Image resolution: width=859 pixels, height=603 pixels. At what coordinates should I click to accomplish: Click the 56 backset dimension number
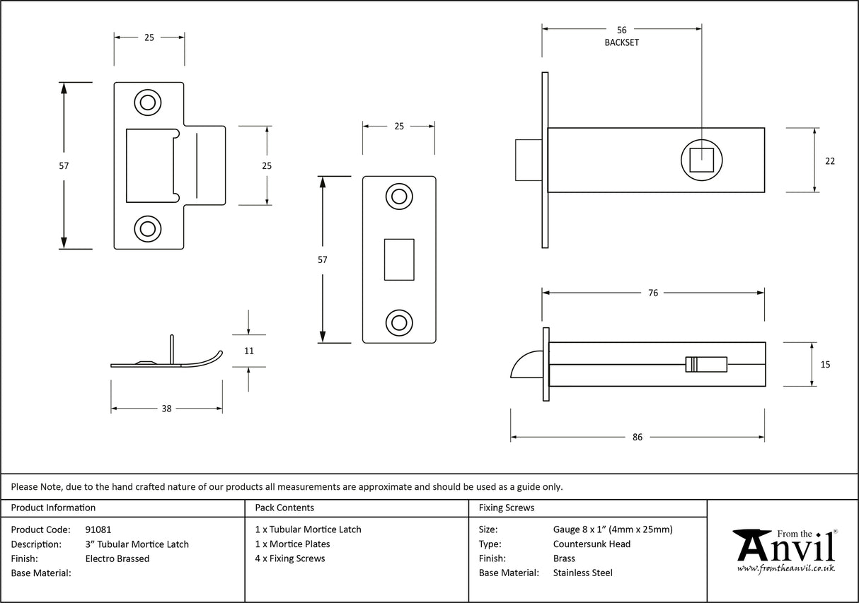[x=621, y=30]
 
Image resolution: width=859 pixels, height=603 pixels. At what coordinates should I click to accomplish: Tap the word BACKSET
[x=621, y=42]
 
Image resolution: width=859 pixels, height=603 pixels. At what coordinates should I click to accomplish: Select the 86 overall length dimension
[x=637, y=438]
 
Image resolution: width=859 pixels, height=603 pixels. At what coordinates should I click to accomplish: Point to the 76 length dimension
[x=652, y=293]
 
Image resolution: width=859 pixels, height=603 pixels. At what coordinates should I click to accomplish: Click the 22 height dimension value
[x=829, y=161]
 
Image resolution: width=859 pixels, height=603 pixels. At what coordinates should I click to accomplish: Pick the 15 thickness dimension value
[x=826, y=365]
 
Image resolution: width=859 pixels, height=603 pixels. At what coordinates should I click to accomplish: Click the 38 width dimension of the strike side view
[x=166, y=409]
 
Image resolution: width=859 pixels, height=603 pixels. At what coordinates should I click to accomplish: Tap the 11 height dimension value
[x=248, y=351]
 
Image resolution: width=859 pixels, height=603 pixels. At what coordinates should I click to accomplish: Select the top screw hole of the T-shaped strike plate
[x=147, y=103]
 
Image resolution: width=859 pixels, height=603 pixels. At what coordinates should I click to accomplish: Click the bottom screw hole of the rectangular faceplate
[x=398, y=322]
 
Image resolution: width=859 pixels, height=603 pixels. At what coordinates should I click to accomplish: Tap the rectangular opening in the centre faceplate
[x=398, y=259]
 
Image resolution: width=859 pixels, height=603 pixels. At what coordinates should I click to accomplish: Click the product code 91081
[x=98, y=529]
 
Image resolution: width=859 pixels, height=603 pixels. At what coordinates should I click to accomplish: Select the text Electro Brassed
[x=117, y=558]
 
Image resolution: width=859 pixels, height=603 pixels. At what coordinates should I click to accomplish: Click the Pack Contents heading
[x=284, y=508]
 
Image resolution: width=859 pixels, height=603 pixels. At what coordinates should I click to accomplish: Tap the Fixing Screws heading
[x=507, y=508]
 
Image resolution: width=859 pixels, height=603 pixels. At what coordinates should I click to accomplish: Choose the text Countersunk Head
[x=592, y=544]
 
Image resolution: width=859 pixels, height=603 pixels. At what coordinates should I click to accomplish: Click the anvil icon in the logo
[x=753, y=544]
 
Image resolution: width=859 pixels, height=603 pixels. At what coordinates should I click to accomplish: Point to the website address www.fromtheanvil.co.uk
[x=786, y=568]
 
